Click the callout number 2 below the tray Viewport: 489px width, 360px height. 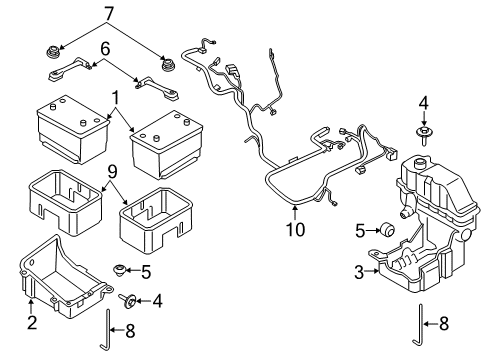pos(32,321)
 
